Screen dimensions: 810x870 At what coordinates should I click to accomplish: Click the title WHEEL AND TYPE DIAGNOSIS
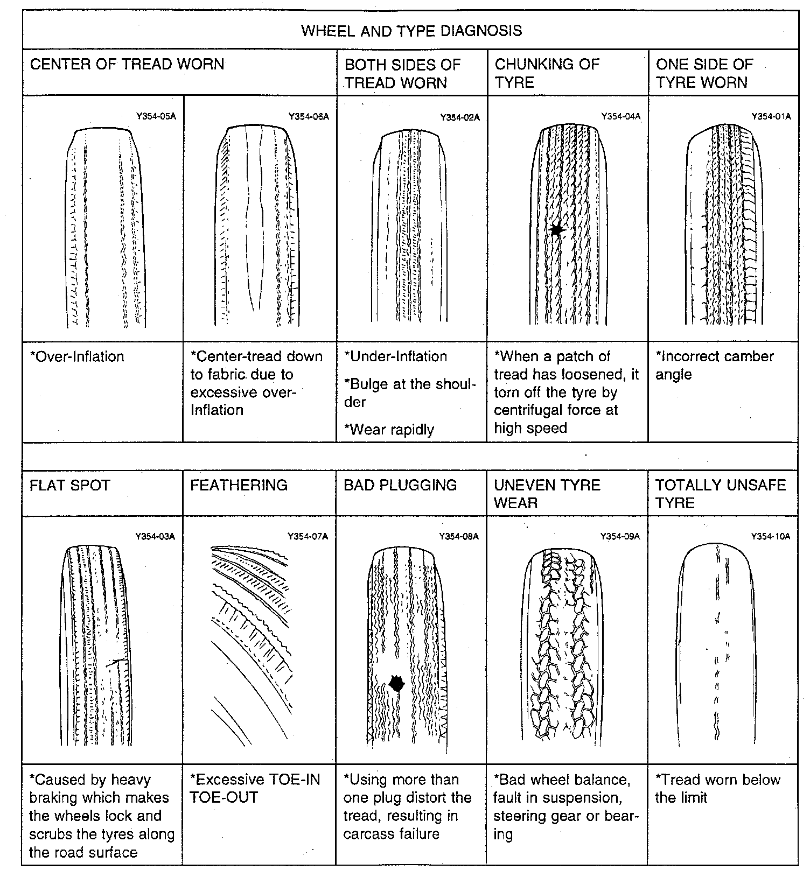411,30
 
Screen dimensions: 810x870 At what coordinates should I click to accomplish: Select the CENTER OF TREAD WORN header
127,64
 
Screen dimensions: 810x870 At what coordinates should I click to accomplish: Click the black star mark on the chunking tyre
557,230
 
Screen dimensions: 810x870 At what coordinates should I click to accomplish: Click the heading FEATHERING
239,485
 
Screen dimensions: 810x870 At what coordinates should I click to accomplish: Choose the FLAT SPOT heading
70,485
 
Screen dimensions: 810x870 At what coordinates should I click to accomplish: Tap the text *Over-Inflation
77,356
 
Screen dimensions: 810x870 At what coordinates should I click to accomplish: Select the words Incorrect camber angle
714,365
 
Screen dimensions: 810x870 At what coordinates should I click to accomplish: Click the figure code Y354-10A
770,536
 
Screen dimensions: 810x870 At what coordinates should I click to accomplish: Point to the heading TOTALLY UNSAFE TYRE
720,494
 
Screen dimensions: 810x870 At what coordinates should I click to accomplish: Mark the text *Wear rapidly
389,430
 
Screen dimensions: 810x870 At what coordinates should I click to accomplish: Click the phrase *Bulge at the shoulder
410,393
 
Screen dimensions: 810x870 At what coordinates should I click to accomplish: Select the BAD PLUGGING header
400,485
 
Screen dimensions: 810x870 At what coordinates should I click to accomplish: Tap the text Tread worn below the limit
717,788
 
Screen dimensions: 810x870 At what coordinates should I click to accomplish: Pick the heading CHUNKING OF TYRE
547,73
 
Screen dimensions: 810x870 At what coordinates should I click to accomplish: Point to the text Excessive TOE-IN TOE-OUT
255,788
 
